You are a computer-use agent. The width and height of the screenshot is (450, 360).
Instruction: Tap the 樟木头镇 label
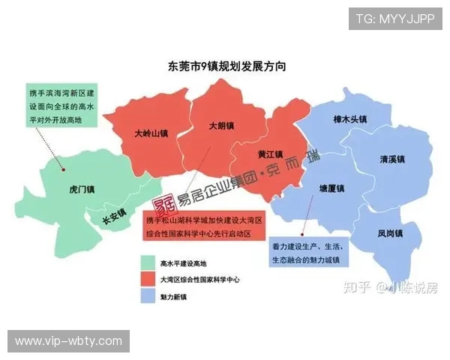[350, 119]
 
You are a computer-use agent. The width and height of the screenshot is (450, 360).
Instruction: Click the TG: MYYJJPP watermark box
[395, 18]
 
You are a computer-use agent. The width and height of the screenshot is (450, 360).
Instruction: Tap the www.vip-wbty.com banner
[69, 341]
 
